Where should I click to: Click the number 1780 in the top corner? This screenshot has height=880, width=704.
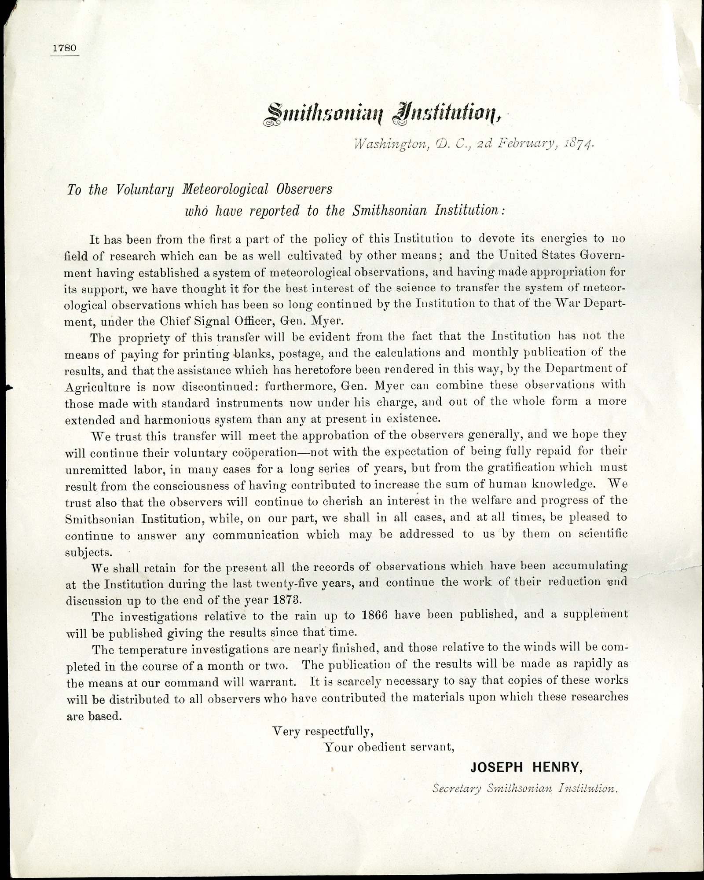click(64, 48)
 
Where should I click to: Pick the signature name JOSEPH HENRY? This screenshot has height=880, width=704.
click(526, 767)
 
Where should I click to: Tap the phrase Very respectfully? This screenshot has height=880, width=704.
click(323, 731)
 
